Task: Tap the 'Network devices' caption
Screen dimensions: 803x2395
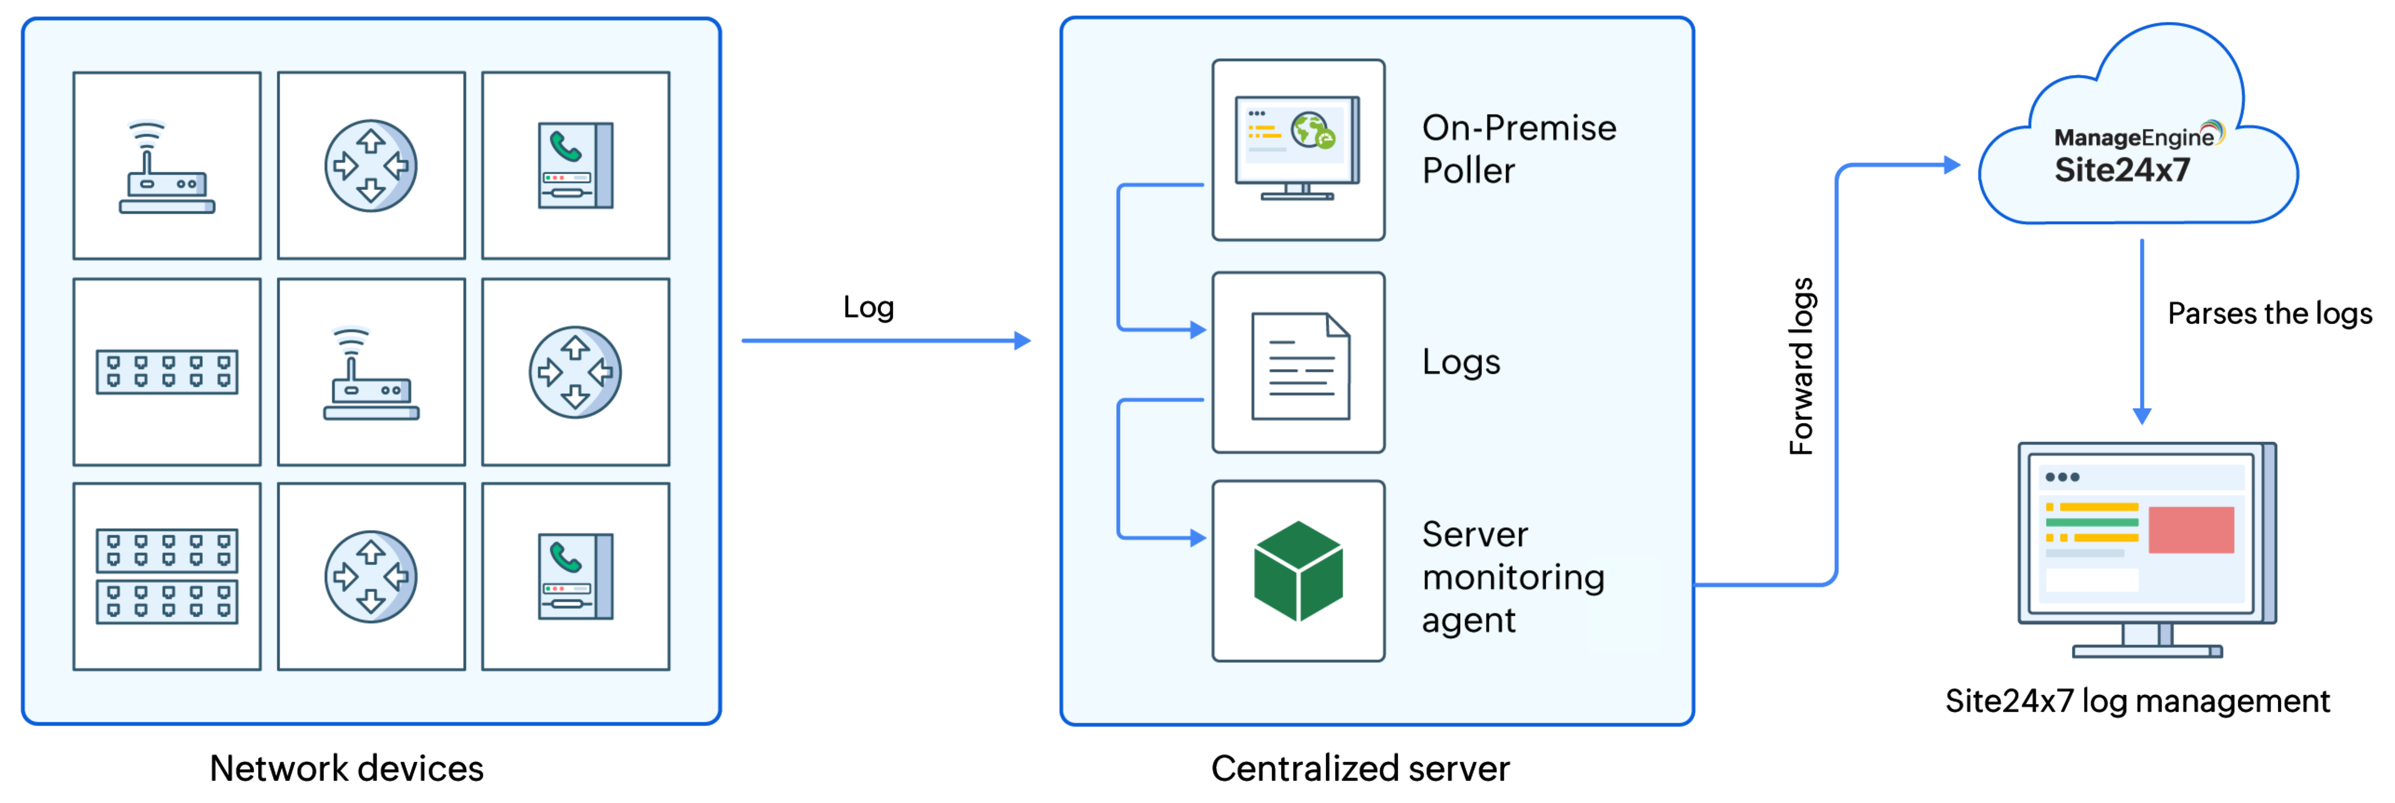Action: tap(346, 769)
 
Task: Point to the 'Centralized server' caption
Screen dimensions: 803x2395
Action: tap(1359, 769)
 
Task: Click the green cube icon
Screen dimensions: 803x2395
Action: tap(1298, 571)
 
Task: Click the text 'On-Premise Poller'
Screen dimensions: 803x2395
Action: tap(1518, 149)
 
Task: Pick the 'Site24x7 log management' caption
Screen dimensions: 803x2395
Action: tap(2136, 701)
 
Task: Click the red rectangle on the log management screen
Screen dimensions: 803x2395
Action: tap(2190, 530)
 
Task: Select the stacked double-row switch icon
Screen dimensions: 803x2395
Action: tap(167, 576)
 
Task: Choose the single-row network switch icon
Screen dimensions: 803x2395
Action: tap(167, 372)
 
